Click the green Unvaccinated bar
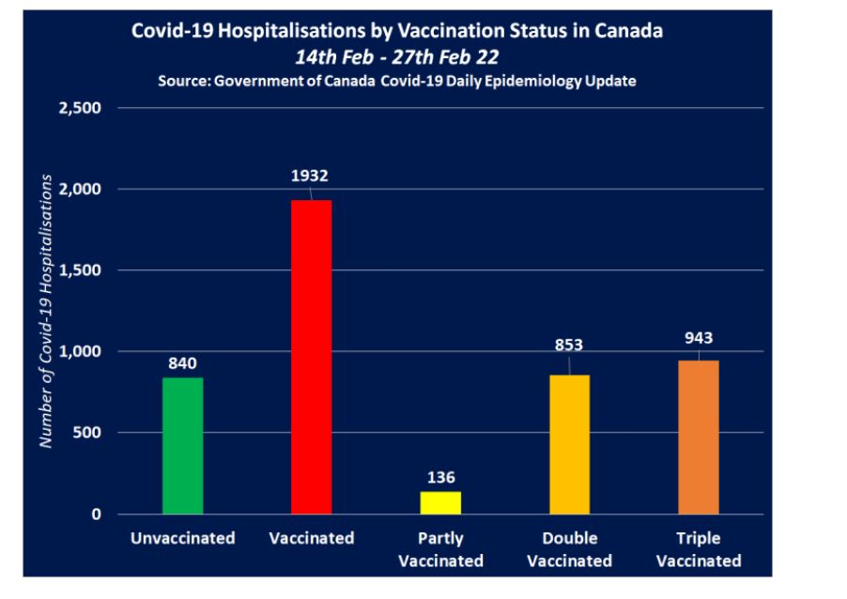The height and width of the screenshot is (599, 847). [x=182, y=445]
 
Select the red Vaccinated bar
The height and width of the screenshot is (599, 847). [x=311, y=357]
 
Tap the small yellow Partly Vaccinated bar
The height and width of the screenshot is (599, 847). [x=440, y=502]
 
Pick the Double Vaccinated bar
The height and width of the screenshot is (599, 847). [x=569, y=444]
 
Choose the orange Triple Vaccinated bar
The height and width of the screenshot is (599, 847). [x=698, y=437]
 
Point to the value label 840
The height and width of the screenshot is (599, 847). [x=183, y=362]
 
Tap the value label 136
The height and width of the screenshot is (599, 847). [x=440, y=477]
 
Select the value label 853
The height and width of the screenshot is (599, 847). [x=568, y=345]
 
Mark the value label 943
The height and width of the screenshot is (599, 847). [x=698, y=336]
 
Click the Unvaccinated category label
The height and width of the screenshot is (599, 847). [x=182, y=539]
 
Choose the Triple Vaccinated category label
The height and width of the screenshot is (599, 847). [x=698, y=550]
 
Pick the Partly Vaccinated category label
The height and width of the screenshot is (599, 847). [x=440, y=550]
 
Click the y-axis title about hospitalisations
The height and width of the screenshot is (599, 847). [x=44, y=310]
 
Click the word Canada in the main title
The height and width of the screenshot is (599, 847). [x=629, y=30]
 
